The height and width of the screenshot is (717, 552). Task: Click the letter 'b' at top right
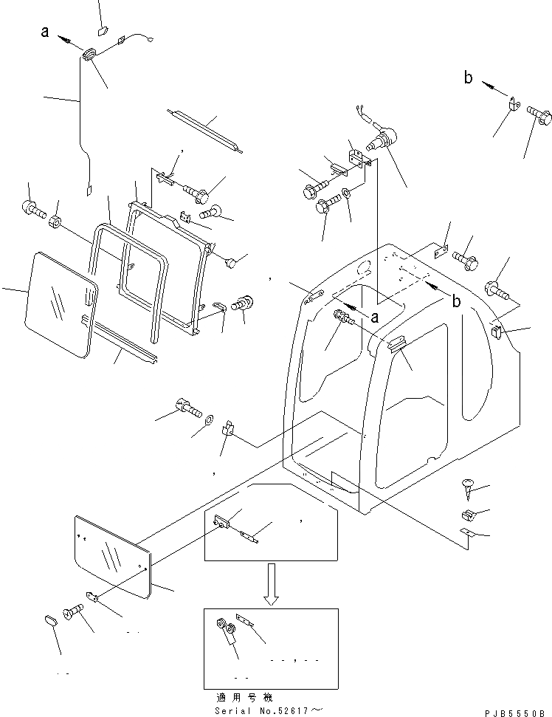(x=467, y=77)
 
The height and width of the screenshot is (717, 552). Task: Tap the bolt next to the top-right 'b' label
(x=540, y=117)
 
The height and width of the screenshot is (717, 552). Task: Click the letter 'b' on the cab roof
(x=456, y=301)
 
